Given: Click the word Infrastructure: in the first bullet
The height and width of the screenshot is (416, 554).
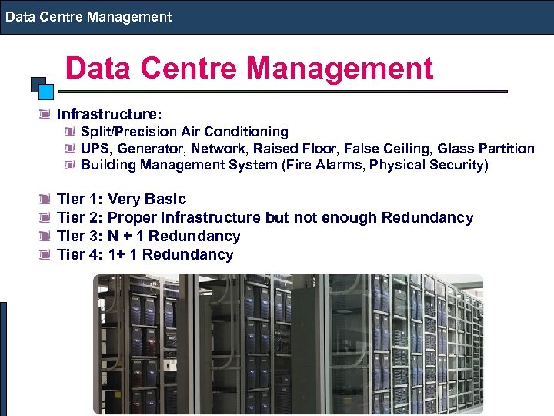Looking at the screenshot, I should pos(109,114).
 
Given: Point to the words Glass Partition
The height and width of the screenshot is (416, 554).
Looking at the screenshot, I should pos(486,149).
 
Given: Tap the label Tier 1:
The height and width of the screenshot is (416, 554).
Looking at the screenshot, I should pos(81,200).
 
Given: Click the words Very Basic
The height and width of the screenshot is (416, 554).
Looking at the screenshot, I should pos(147,200).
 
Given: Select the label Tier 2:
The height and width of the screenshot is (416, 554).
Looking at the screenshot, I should pos(81,218).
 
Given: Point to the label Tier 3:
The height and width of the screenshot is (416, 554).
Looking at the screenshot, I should pos(81,237).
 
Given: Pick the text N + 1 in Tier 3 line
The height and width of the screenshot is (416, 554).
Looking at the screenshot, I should pos(126,237).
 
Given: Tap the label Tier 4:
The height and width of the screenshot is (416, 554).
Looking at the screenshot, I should pos(81,255).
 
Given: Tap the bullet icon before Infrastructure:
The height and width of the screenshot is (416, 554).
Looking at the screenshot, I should pos(48,115).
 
